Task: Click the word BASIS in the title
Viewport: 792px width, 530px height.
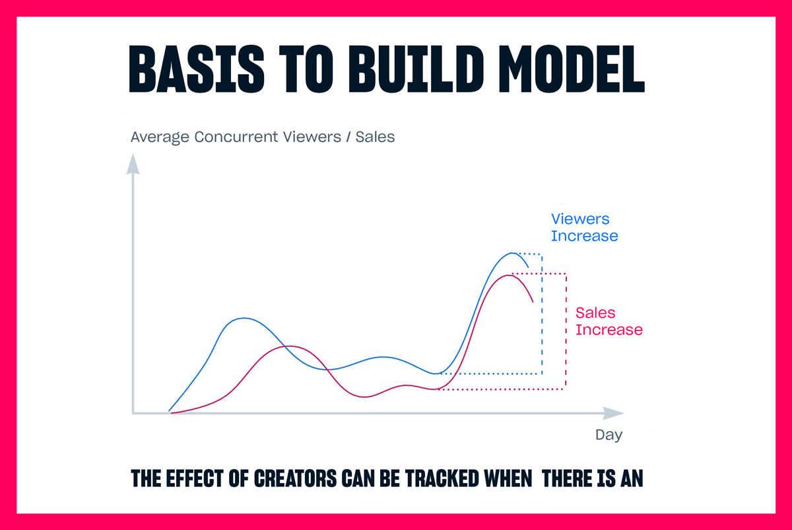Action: click(x=197, y=69)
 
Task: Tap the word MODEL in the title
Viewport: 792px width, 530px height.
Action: click(x=572, y=69)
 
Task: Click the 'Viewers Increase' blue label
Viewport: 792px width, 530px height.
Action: click(x=585, y=227)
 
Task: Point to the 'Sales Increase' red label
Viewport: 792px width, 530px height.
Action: click(x=609, y=321)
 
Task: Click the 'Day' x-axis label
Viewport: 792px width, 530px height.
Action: click(x=609, y=435)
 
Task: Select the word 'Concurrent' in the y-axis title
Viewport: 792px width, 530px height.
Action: click(x=236, y=137)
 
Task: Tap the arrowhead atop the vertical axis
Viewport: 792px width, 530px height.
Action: click(x=133, y=164)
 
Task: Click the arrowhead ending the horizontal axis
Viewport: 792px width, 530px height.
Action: click(x=613, y=413)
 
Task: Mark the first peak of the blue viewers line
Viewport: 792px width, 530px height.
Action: click(x=244, y=319)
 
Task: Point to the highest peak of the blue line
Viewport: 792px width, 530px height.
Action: click(x=511, y=253)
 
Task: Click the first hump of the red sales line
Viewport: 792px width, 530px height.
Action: click(x=290, y=346)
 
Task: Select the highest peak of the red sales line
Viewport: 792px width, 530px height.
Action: click(x=508, y=275)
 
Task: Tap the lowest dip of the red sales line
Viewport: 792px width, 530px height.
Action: click(x=364, y=397)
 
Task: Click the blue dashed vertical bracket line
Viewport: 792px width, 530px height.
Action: click(x=542, y=314)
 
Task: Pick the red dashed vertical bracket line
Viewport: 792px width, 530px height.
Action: click(x=566, y=331)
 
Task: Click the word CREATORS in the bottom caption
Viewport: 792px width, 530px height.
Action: click(x=295, y=478)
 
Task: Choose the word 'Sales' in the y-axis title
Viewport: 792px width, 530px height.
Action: click(x=375, y=137)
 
